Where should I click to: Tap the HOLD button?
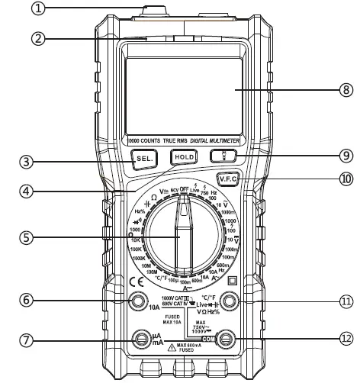coord(183,157)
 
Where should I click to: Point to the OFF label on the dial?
coord(184,188)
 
